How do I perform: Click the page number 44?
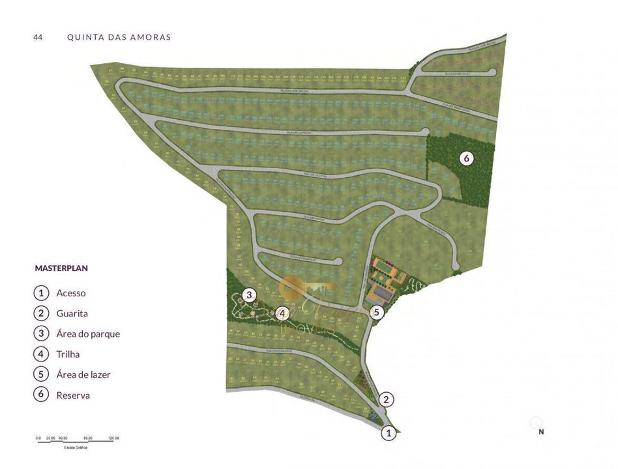38,37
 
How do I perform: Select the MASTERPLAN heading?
61,268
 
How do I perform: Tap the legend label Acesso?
71,293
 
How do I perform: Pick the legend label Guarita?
72,313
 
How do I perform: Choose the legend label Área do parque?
88,334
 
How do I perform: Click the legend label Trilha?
68,354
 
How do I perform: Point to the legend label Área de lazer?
83,375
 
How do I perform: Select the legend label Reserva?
73,395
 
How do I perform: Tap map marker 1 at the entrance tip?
389,432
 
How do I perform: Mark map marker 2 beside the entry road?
387,399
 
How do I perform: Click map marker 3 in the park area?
248,295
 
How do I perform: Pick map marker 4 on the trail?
282,313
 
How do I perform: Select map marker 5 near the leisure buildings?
376,313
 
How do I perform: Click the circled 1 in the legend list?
41,293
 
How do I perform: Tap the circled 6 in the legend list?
41,395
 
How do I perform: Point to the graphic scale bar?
78,442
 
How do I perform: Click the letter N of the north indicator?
540,431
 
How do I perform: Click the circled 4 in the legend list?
41,354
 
